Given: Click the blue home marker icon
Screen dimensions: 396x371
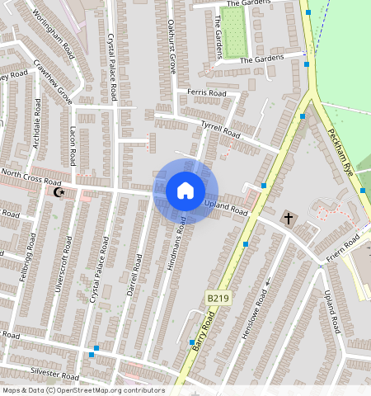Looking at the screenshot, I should pos(185,191).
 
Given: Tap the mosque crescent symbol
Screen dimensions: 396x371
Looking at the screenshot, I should pos(59,192).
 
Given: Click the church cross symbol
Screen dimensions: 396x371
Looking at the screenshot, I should pos(289,219).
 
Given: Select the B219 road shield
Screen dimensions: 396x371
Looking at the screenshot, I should pos(216,297).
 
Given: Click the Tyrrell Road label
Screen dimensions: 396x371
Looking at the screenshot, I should pos(220,128).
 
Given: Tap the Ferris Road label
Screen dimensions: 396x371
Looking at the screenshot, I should pos(206,94).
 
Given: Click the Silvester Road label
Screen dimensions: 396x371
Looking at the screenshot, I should pos(54,374).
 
